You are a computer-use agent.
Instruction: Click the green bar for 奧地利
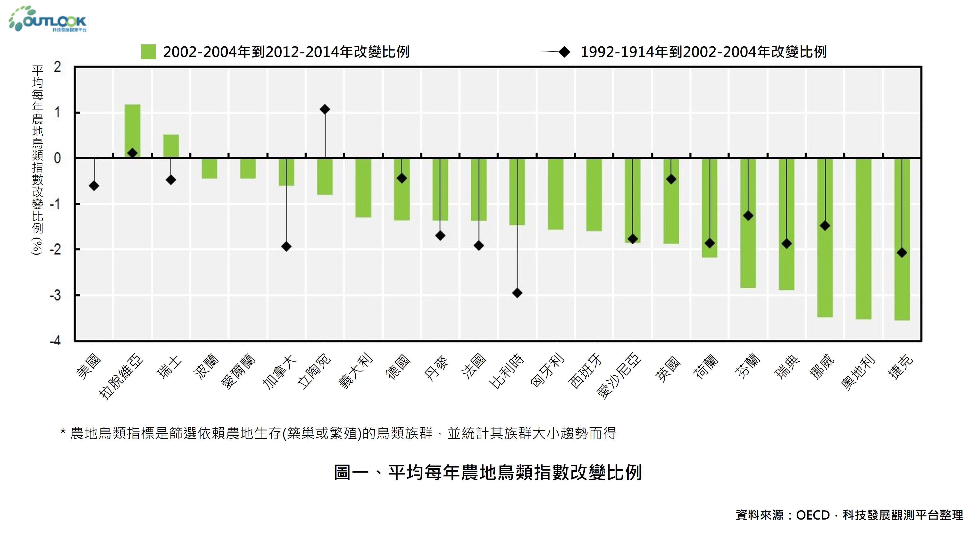click(x=863, y=239)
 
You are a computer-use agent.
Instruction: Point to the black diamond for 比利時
click(x=517, y=293)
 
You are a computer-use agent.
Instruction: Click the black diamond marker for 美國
click(x=94, y=186)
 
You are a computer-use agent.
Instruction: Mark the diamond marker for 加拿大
click(x=286, y=247)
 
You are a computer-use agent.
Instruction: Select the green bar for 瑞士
click(x=171, y=146)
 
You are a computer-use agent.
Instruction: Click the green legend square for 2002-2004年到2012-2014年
click(x=148, y=52)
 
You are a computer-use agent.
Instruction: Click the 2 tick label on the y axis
click(x=57, y=67)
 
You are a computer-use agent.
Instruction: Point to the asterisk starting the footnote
click(x=63, y=432)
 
